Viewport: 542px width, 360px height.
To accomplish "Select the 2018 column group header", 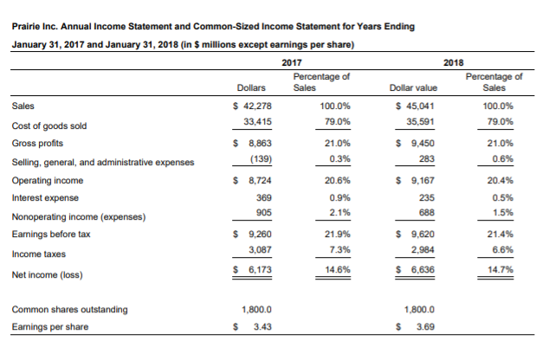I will [453, 63].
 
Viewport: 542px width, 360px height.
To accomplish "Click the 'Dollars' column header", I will [251, 87].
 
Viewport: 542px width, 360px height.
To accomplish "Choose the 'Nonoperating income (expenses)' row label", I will [79, 215].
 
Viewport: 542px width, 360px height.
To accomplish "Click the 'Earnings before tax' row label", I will [53, 234].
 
